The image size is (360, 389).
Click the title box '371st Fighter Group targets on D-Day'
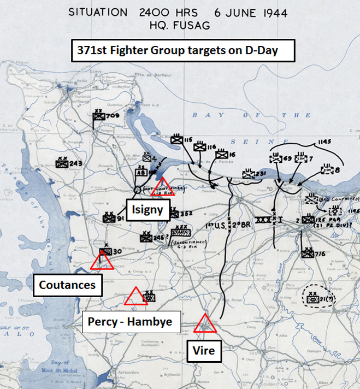click(x=184, y=52)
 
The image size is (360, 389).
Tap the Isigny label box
click(x=147, y=209)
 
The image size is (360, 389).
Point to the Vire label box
click(x=204, y=351)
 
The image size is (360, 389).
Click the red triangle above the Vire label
click(x=205, y=323)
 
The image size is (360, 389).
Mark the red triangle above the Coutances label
click(x=102, y=261)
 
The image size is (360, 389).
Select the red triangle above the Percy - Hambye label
click(x=134, y=297)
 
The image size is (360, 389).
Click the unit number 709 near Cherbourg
click(x=113, y=116)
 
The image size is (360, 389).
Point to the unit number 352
click(x=187, y=214)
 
